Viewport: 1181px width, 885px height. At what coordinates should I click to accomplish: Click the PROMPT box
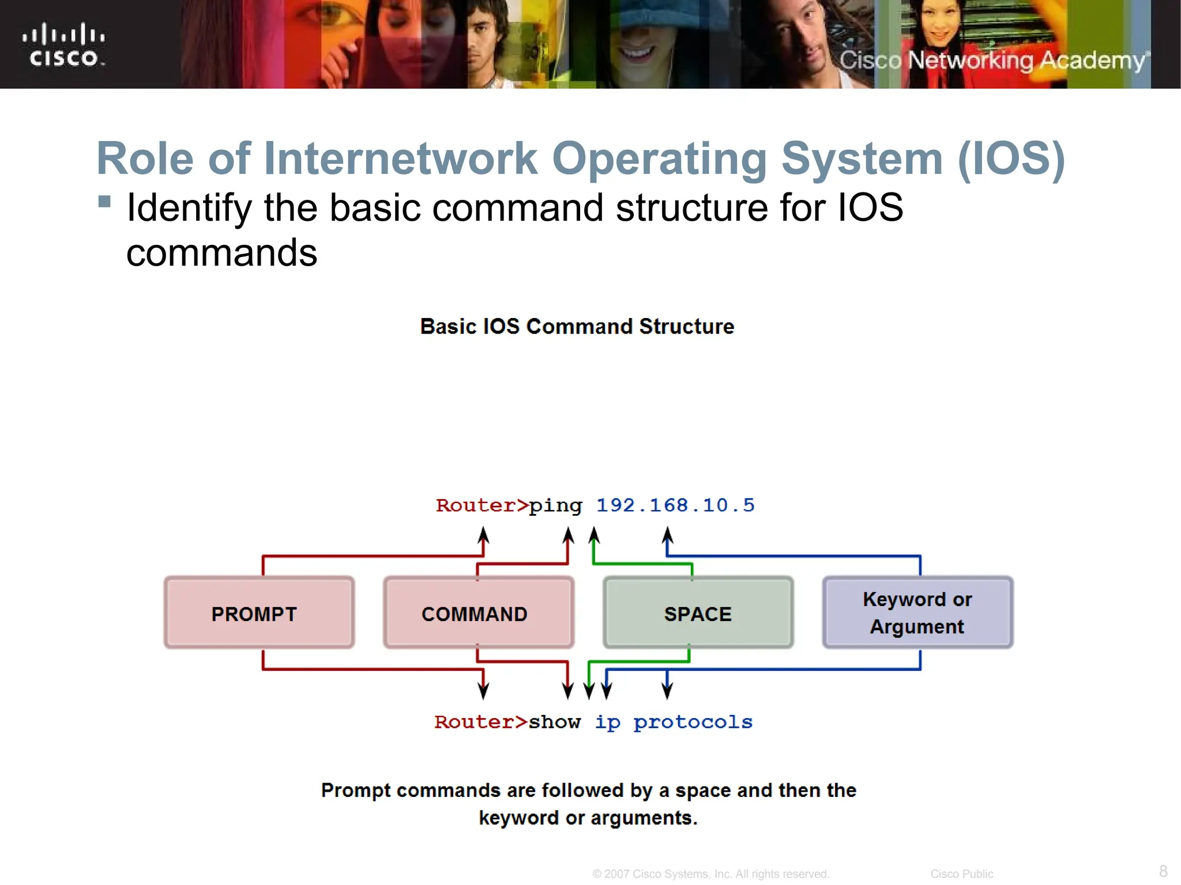coord(259,613)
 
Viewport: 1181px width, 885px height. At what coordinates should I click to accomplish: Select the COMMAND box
coord(478,613)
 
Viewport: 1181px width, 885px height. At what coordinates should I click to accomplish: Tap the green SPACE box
coord(698,613)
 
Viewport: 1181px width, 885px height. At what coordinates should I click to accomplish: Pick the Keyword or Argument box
coord(917,613)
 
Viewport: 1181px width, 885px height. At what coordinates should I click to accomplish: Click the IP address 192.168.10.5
coord(675,505)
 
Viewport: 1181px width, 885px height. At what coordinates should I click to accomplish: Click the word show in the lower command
coord(554,722)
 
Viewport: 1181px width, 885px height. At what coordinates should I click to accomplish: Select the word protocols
coord(693,723)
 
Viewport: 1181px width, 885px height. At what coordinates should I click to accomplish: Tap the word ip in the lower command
coord(607,723)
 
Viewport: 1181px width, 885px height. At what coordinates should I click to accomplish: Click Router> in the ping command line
coord(482,505)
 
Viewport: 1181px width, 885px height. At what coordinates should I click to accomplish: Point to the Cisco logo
coord(63,44)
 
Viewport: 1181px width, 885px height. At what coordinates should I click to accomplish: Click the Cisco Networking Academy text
coord(993,60)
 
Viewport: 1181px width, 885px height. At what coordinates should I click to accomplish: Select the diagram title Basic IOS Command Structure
coord(577,327)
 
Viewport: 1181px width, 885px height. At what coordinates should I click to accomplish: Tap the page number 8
coord(1163,871)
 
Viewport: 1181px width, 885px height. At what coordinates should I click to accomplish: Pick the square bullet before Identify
coord(104,201)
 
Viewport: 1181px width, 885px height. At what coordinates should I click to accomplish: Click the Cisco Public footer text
coord(961,874)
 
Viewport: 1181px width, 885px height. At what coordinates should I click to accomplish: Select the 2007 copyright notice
coord(710,874)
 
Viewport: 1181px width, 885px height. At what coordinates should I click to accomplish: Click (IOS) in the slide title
coord(1011,158)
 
